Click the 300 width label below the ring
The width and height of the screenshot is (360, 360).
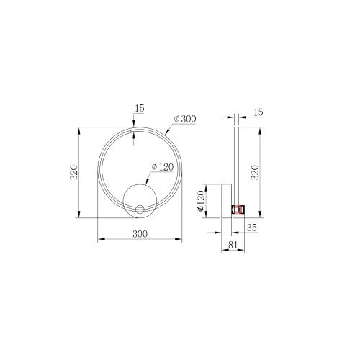(x=140, y=234)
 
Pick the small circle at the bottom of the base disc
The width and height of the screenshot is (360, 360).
(x=139, y=210)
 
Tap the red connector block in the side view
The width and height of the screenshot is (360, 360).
(x=237, y=209)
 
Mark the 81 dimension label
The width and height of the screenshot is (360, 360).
(x=233, y=246)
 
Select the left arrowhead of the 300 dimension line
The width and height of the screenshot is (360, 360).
(x=99, y=239)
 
